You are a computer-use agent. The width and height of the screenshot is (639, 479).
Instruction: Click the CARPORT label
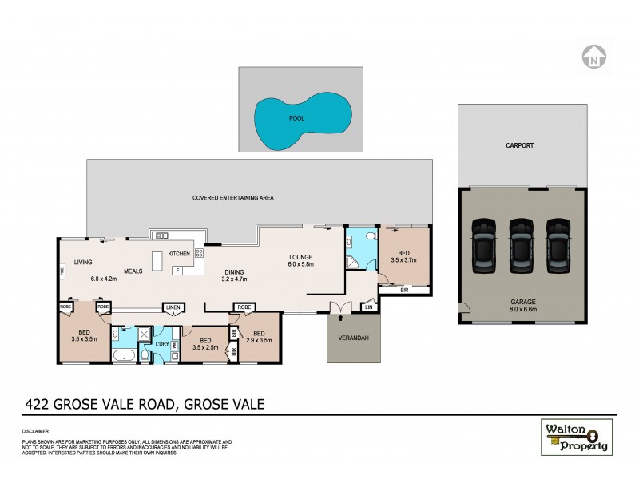click(519, 146)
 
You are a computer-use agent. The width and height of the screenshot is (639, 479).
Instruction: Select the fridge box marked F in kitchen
click(177, 271)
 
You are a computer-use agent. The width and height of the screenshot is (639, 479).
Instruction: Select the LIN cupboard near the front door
click(369, 307)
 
